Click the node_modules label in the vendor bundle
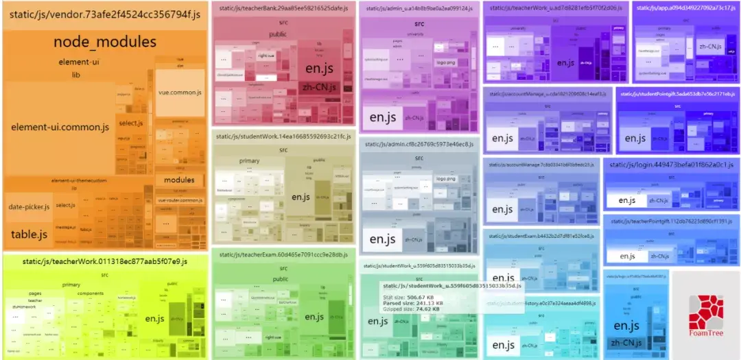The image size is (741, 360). [x=105, y=43]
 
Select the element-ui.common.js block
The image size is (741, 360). [x=60, y=128]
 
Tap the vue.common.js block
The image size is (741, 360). [x=180, y=93]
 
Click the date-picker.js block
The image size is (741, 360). [x=29, y=207]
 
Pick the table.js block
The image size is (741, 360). [x=29, y=235]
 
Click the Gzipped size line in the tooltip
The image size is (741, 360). [x=412, y=309]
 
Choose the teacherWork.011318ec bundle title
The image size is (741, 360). [x=104, y=261]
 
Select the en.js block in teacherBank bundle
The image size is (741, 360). [x=318, y=69]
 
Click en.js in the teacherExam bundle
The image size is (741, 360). [x=314, y=317]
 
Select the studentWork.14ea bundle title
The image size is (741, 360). [x=283, y=135]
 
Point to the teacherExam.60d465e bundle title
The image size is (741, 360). [x=283, y=255]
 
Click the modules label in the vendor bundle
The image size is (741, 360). [x=179, y=180]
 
